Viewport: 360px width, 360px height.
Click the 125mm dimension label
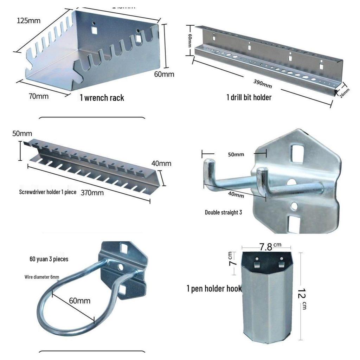tap(28, 20)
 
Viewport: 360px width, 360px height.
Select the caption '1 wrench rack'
tap(102, 97)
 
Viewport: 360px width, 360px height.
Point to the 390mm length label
tap(263, 83)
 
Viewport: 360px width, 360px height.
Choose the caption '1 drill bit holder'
tap(249, 97)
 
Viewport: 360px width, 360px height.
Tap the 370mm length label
tap(92, 193)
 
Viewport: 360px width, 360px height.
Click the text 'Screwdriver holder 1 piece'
tap(47, 192)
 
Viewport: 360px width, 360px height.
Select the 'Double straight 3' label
tap(223, 212)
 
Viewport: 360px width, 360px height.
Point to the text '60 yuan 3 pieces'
tap(49, 259)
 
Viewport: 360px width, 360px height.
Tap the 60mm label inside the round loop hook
tap(79, 301)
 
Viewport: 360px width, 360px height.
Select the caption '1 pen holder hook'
tap(214, 289)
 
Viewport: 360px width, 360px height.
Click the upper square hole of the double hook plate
tap(297, 154)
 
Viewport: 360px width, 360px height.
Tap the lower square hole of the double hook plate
tap(294, 223)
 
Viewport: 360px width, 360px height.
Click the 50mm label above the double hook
tap(236, 154)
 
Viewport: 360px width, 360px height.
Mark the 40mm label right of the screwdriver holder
tap(161, 163)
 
